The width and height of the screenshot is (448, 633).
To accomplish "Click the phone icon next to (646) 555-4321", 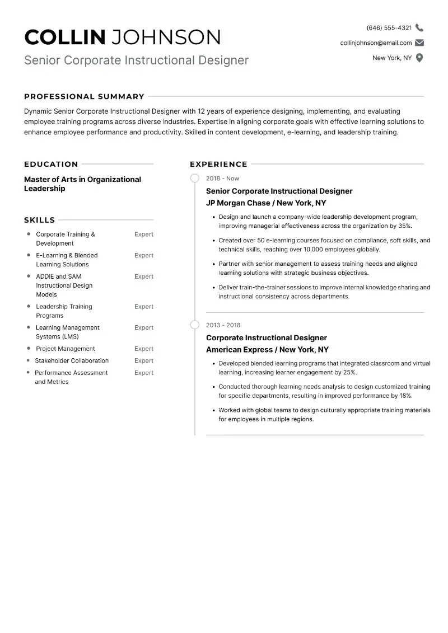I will pos(419,27).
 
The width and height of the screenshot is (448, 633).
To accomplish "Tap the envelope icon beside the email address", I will pos(419,43).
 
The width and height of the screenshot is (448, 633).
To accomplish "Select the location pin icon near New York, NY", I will pos(419,58).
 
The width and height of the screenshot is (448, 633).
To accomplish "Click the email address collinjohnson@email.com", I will pos(376,43).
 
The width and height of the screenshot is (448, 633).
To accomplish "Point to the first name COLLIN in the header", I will pos(65,37).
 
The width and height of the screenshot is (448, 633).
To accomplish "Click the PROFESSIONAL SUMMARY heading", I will pos(84,96).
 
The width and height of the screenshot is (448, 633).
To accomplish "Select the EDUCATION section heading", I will pos(51,164).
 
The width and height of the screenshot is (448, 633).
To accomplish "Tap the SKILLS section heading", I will pos(39,220).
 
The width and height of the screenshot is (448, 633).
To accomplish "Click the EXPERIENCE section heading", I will pos(218,164).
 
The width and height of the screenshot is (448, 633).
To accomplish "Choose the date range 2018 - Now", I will pos(222,179).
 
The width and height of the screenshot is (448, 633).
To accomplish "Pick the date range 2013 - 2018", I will pos(223,325).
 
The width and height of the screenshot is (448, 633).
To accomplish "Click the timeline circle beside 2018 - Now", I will pos(195,178).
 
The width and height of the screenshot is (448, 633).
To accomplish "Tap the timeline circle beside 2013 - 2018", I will pos(195,325).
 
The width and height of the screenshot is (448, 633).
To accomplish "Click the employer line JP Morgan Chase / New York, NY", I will pos(266,203).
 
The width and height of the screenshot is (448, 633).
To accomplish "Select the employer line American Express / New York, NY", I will pos(267,350).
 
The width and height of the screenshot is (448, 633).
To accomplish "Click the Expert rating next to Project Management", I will pos(144,349).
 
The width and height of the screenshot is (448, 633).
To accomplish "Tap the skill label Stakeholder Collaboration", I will pos(72,361).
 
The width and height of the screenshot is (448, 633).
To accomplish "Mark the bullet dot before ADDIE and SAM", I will pos(29,276).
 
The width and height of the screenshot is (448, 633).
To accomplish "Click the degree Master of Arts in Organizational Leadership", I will pos(82,184).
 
